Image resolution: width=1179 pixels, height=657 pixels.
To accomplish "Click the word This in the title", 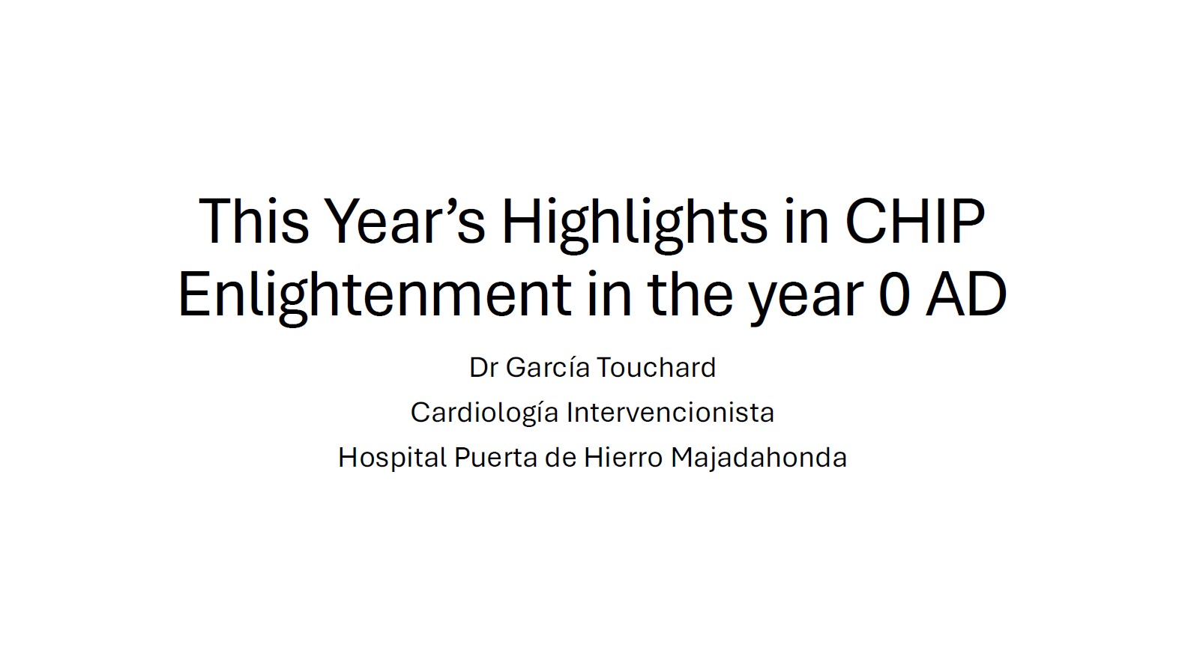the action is coord(253,221).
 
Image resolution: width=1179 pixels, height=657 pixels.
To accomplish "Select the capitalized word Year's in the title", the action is coord(404,221).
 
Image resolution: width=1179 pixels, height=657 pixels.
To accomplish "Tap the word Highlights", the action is coord(635,225).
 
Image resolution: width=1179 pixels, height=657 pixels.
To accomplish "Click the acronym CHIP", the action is coord(914,221).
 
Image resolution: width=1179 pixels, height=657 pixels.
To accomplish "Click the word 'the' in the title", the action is coord(690,294).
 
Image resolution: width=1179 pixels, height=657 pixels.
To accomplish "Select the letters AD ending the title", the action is coord(966,294).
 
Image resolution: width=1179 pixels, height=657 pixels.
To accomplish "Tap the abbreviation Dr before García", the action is coord(483,367).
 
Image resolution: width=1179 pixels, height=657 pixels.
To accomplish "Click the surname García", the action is coord(548,367).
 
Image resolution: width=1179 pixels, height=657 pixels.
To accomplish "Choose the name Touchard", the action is coord(657,366).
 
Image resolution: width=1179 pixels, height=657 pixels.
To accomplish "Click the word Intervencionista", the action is coord(670,412).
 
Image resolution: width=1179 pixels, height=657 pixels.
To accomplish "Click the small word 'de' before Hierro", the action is coord(561,457).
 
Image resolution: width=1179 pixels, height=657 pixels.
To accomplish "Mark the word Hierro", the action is coord(623,457).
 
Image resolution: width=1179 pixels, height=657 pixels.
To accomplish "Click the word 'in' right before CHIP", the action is coord(806,221).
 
